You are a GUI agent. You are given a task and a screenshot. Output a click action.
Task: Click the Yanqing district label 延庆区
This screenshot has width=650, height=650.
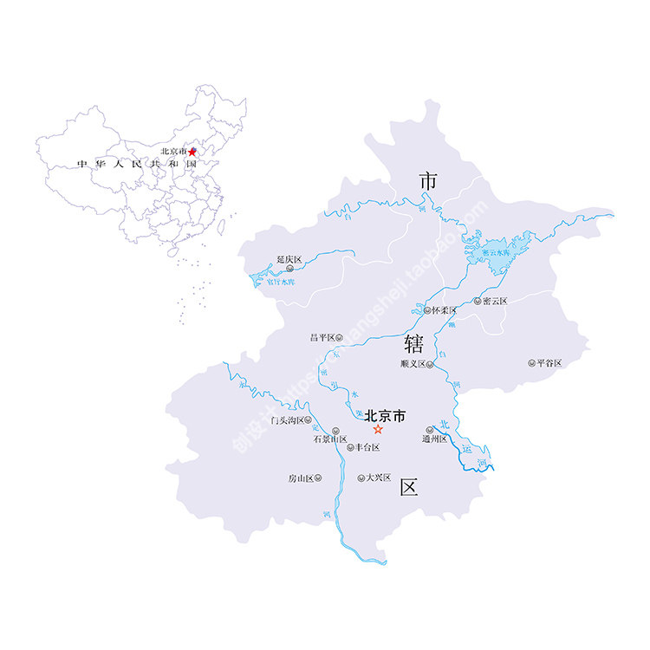click(x=289, y=259)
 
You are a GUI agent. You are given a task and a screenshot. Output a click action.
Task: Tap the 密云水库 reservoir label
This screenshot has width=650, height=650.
click(x=497, y=252)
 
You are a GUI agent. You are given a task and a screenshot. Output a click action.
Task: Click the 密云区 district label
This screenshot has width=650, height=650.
click(x=495, y=301)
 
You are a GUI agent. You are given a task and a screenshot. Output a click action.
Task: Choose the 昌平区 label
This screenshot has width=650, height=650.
click(x=322, y=337)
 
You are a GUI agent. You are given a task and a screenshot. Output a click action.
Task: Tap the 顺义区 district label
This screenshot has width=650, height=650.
click(x=413, y=364)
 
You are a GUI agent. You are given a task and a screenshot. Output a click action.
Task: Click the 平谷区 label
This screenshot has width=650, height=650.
click(x=549, y=363)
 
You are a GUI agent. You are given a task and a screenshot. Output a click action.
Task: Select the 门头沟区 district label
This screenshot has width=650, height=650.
click(x=288, y=420)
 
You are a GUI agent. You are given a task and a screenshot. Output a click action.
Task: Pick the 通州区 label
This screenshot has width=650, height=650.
click(x=433, y=439)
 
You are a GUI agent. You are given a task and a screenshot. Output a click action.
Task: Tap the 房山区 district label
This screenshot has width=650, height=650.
click(x=301, y=478)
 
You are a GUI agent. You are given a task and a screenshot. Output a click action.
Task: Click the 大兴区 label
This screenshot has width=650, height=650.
click(x=378, y=478)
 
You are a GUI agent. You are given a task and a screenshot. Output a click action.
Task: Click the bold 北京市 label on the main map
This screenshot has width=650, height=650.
click(x=385, y=415)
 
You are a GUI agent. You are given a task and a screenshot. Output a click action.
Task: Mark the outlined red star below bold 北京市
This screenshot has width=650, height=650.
click(x=378, y=430)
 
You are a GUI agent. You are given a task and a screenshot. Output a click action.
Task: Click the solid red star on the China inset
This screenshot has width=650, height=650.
click(x=192, y=152)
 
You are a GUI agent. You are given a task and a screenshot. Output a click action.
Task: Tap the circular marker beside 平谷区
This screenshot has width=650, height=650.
click(x=531, y=363)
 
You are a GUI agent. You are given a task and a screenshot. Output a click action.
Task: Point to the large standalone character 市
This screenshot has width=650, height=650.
click(x=427, y=180)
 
